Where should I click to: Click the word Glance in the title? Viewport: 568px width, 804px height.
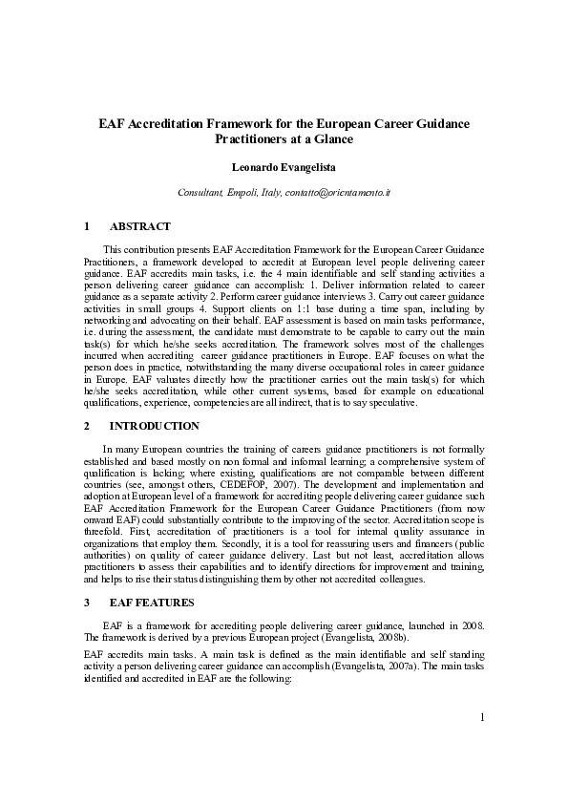coord(332,139)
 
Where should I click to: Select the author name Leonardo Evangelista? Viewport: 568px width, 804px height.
coord(284,168)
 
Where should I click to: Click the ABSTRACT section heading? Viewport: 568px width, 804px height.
coord(140,226)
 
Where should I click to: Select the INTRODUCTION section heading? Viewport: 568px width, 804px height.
coord(155,426)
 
